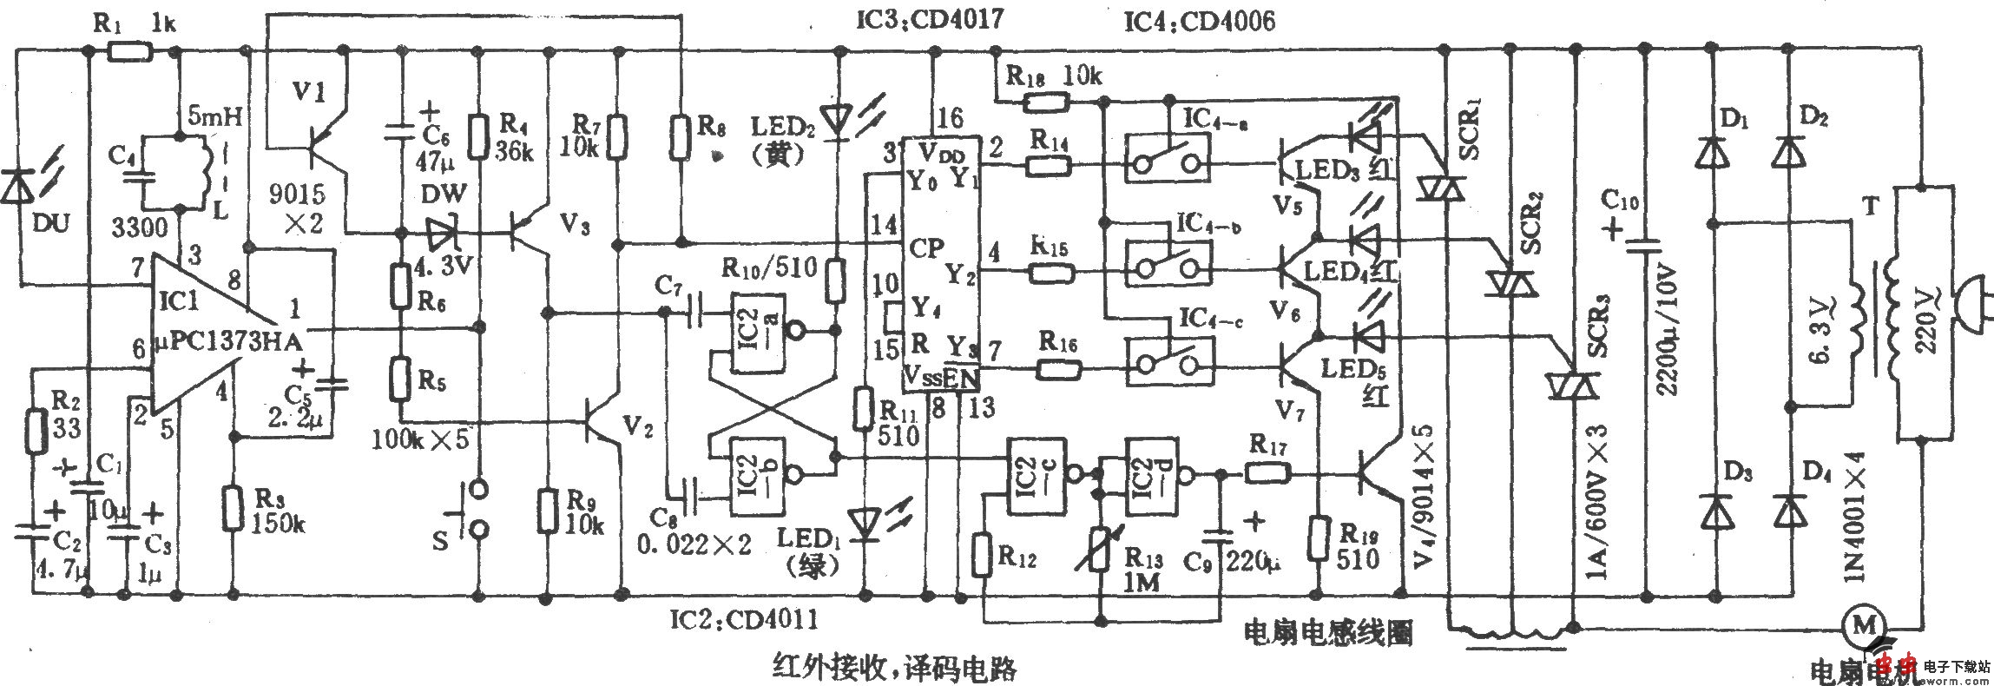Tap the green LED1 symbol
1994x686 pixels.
[865, 524]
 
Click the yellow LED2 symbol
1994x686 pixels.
[837, 120]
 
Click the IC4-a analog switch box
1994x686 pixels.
[1168, 156]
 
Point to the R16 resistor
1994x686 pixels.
[1057, 370]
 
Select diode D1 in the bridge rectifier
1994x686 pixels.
[1712, 155]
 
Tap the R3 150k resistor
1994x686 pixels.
[233, 508]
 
